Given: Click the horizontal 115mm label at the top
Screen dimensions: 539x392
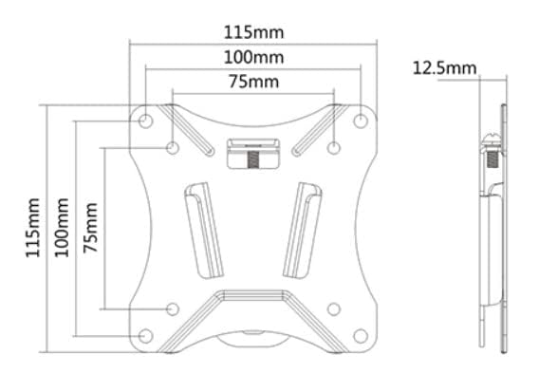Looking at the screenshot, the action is [253, 32].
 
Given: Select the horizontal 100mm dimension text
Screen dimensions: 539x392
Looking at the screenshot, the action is [253, 57].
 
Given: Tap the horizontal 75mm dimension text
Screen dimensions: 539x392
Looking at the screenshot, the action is [253, 82].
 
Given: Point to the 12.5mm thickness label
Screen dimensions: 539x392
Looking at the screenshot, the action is [444, 68].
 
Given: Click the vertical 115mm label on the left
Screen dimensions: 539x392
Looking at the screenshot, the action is [33, 227].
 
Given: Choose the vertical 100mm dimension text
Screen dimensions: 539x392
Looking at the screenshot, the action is [62, 227].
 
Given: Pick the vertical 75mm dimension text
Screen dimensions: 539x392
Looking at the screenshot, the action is [90, 227].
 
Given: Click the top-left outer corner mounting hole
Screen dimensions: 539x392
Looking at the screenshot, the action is [145, 121].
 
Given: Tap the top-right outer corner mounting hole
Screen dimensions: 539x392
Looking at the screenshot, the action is [361, 121].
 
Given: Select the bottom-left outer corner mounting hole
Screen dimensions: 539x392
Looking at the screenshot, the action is [145, 336].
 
